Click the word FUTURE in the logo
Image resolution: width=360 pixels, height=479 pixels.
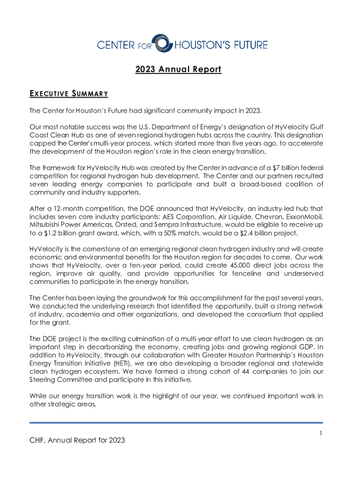coord(250,45)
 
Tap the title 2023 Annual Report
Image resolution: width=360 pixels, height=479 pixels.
coord(178,70)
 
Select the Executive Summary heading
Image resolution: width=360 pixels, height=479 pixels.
coord(69,94)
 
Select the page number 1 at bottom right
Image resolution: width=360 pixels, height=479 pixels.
coord(321,434)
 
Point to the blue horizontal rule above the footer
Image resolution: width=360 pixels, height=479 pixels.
coord(176,423)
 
